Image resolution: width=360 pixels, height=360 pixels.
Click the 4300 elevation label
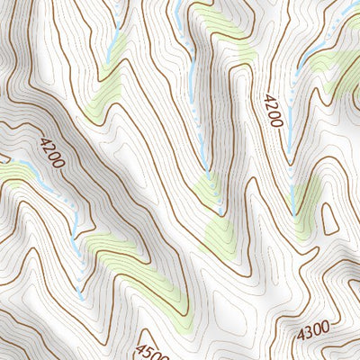[x=313, y=331]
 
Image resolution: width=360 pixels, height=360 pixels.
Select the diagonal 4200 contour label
[x=52, y=151]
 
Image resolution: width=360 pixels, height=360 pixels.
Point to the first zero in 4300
[x=317, y=330]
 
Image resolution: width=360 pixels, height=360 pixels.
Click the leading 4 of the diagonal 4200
[x=43, y=141]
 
